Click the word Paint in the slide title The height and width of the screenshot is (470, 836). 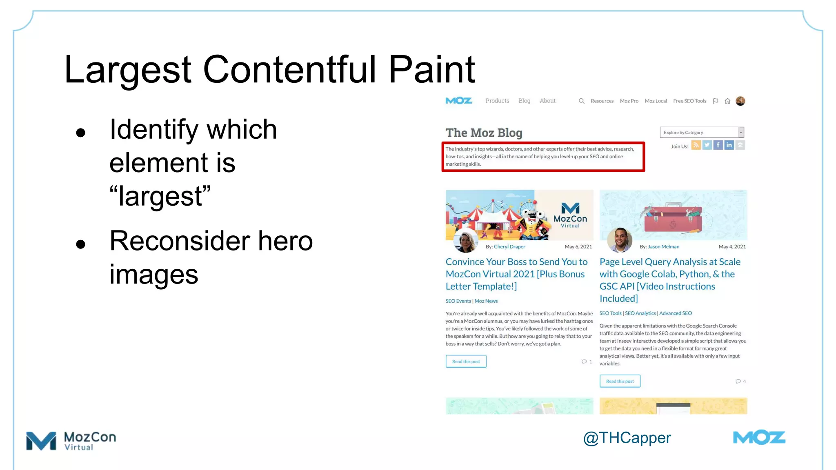pos(431,69)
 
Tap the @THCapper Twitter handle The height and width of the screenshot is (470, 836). pos(627,438)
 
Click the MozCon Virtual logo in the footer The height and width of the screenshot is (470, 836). pos(71,441)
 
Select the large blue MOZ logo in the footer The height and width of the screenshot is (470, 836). pos(759,438)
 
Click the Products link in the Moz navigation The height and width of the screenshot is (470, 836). pos(497,101)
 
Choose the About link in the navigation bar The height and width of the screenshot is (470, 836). pos(547,101)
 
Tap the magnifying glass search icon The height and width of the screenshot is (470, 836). pos(581,101)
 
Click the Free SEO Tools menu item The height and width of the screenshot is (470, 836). pos(689,101)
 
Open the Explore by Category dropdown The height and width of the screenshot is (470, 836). pos(702,133)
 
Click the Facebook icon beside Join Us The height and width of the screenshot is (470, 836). pos(718,145)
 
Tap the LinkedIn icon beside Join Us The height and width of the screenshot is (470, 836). pos(729,145)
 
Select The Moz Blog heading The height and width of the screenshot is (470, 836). pos(484,133)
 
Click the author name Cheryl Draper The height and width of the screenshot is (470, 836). pos(509,247)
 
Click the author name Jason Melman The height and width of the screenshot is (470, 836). pos(663,247)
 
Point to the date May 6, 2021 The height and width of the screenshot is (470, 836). pos(578,247)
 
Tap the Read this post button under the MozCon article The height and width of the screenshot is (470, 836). pos(466,361)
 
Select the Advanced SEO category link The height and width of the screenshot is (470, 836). pos(676,313)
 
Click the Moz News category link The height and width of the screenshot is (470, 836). pos(486,301)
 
